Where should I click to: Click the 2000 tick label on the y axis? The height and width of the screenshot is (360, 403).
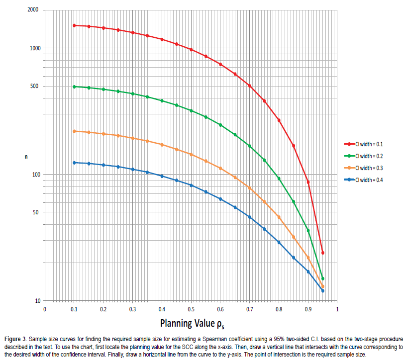[33, 10]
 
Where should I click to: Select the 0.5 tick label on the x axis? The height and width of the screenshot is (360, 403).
[191, 309]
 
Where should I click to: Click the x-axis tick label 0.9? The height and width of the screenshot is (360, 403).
[308, 309]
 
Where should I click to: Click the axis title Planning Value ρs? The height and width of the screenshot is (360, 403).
[191, 324]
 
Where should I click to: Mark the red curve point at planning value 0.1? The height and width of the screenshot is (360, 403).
[74, 25]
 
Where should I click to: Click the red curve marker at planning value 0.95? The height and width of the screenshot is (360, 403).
[322, 253]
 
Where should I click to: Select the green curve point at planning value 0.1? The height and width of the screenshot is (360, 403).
[74, 87]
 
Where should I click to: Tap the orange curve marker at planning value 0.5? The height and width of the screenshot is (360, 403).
[191, 155]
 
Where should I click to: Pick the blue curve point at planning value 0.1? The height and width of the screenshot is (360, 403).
[74, 163]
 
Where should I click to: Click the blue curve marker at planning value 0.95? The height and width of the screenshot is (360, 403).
[322, 291]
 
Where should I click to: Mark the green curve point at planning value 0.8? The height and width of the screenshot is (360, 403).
[279, 179]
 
